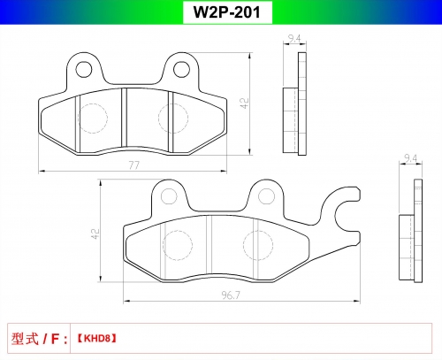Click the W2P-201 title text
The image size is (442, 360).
pos(227,12)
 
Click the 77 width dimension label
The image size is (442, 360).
pos(134,165)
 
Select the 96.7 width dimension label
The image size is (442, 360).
pos(231,295)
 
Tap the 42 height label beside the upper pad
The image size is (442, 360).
pos(245,103)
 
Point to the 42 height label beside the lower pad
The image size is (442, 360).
pos(95,234)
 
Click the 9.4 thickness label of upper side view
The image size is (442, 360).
pos(294,39)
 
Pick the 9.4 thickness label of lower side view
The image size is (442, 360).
pos(410,158)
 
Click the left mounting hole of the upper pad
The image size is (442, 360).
pos(84,69)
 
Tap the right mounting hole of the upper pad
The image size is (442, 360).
pos(181,69)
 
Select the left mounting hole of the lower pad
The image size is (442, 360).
pos(169,196)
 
